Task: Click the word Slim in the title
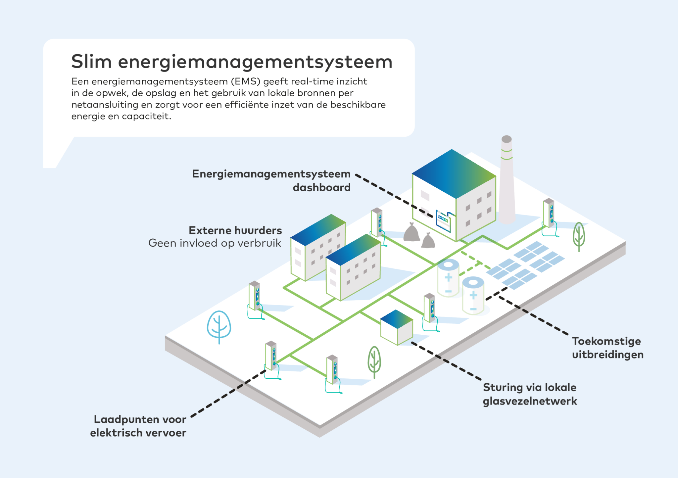(91, 62)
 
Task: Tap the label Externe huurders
(235, 230)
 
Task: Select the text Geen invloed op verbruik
(215, 243)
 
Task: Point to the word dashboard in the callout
(321, 187)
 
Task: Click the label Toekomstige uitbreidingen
(607, 348)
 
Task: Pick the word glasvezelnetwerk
(530, 401)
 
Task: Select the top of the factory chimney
(507, 139)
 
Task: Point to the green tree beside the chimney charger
(579, 236)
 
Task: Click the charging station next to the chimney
(549, 214)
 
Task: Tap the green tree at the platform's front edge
(374, 361)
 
